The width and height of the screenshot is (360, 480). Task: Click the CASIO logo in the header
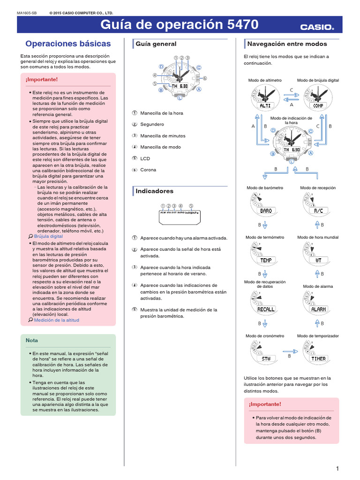tap(317, 27)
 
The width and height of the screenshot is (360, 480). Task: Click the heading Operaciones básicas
tap(68, 44)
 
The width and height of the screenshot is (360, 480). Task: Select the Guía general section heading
tap(156, 44)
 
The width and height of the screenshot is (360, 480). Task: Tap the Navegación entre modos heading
tap(287, 44)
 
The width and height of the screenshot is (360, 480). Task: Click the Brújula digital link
tap(48, 237)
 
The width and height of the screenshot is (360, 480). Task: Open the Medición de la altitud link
tap(57, 320)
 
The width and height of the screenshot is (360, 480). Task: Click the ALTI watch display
tap(265, 105)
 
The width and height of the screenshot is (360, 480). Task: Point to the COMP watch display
tap(318, 105)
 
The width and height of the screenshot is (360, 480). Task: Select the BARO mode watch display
tap(266, 211)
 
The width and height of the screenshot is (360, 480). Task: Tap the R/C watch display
tap(318, 211)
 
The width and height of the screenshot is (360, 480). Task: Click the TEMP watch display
tap(266, 260)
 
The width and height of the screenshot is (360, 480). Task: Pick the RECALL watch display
tap(266, 309)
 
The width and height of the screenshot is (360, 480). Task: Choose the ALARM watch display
tap(318, 309)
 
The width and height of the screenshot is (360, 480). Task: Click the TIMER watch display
tap(318, 359)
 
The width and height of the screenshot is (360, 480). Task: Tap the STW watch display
tap(266, 359)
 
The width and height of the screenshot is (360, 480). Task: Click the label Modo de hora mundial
tap(318, 237)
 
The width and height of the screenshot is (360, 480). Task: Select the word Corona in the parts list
tap(148, 170)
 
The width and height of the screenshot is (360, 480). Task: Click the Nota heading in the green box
tap(32, 340)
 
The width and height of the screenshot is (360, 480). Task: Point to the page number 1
tap(337, 469)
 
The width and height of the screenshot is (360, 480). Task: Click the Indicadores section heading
tap(154, 191)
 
